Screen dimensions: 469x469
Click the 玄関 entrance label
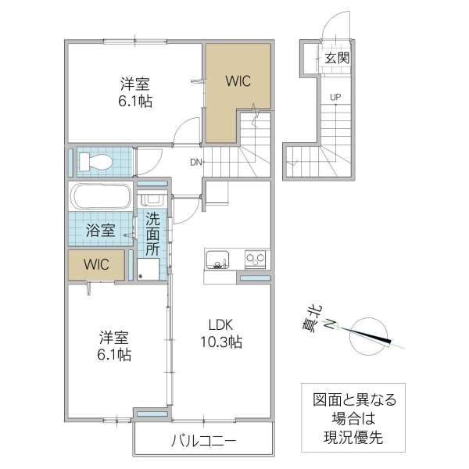click(x=337, y=57)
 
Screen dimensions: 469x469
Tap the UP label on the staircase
click(x=335, y=98)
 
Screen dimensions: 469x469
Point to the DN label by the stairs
click(x=196, y=163)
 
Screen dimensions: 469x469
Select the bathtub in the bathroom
click(x=102, y=196)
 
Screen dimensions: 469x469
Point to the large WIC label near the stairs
click(x=238, y=81)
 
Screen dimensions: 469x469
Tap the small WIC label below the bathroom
click(x=96, y=263)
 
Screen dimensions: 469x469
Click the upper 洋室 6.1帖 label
click(x=134, y=91)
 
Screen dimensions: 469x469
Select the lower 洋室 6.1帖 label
click(x=114, y=345)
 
